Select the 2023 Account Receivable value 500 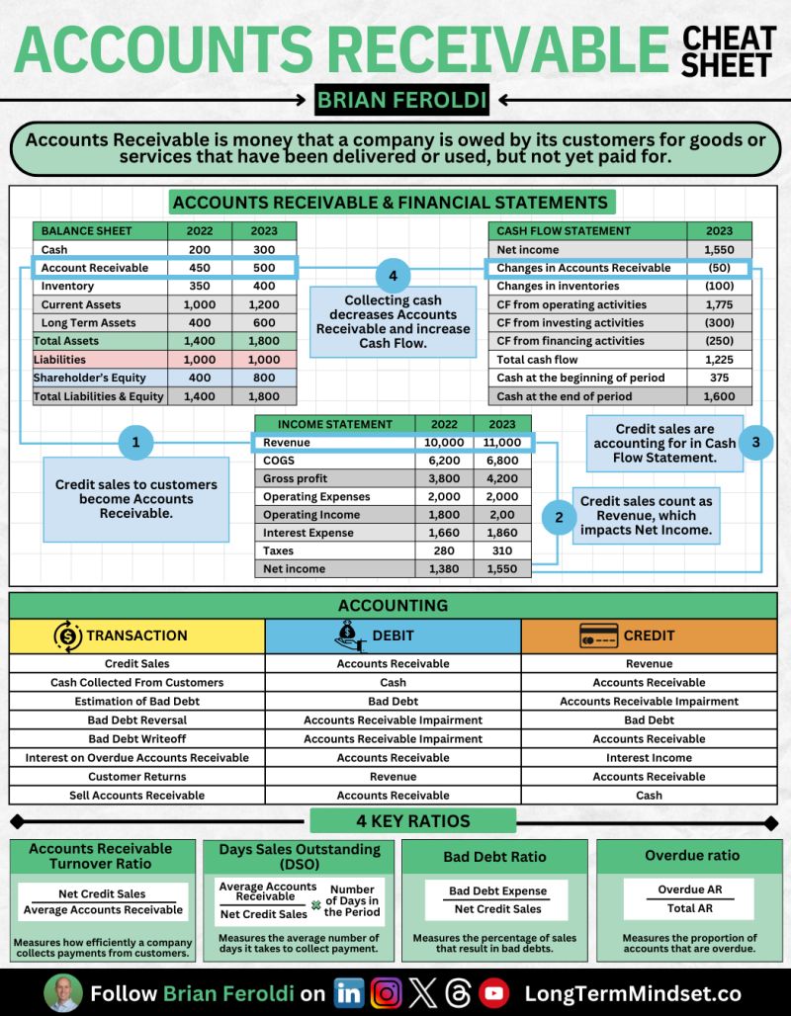264,268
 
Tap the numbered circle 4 393,276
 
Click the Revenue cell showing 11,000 502,443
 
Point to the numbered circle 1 135,443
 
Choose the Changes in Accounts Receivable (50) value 719,268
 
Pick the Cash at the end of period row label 564,396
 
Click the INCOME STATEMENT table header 335,424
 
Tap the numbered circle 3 756,443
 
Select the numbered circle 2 559,516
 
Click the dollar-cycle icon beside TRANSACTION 67,635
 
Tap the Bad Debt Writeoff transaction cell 137,739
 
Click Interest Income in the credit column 649,758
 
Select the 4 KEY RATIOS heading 412,821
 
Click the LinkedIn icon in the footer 349,993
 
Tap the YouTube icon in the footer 494,993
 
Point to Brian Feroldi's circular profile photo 62,992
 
